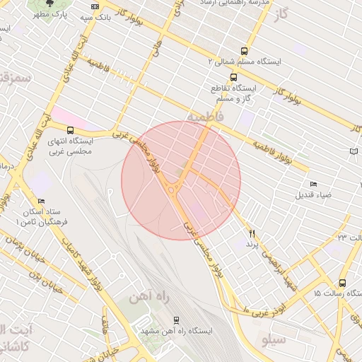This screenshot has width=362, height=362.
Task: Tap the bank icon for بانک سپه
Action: (95, 6)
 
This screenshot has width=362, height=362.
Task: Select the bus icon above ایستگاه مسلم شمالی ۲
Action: (244, 51)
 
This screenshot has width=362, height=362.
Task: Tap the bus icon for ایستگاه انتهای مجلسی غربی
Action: (70, 130)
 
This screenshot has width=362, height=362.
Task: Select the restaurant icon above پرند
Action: (250, 233)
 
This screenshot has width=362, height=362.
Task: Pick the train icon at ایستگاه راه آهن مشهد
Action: (176, 320)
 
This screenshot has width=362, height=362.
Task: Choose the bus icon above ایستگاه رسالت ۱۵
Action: (342, 281)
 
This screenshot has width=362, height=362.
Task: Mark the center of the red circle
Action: (181, 180)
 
